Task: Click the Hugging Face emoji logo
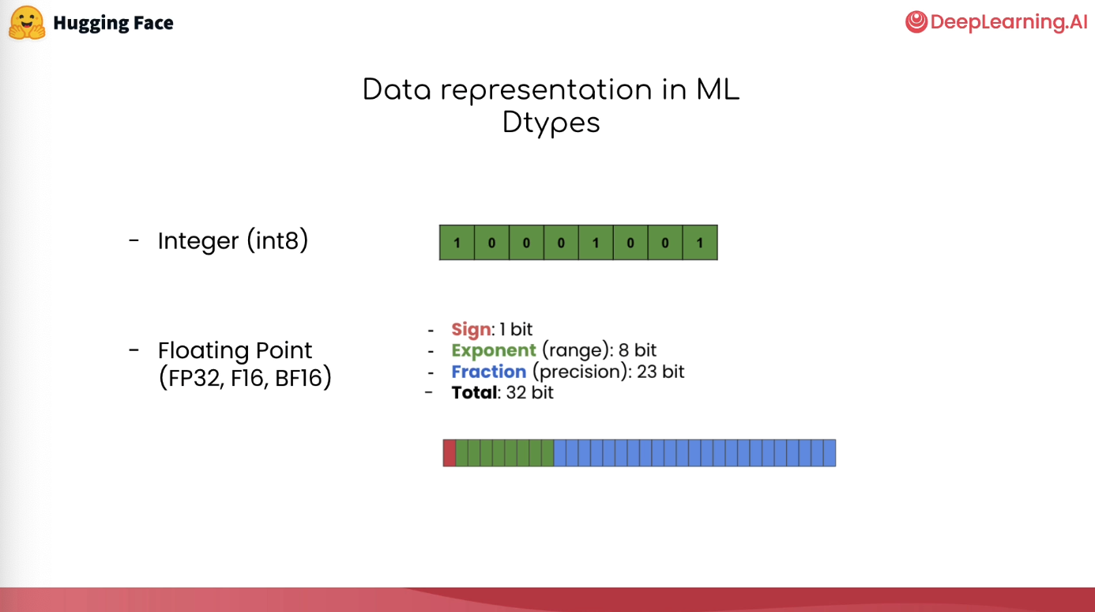click(x=28, y=22)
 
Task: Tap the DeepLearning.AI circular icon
click(x=916, y=22)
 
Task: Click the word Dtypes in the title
click(x=551, y=123)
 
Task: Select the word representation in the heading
click(x=546, y=90)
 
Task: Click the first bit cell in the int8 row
click(x=457, y=243)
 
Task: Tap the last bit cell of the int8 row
click(x=700, y=243)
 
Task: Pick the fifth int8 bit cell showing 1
click(x=596, y=243)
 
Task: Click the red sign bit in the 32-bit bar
click(x=450, y=453)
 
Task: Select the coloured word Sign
click(x=471, y=329)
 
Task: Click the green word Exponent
click(x=494, y=350)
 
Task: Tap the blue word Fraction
click(x=489, y=372)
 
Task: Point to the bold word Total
click(x=474, y=392)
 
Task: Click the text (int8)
click(x=277, y=240)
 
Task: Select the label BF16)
click(x=303, y=378)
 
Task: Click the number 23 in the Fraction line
click(x=647, y=372)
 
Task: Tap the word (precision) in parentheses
click(x=579, y=372)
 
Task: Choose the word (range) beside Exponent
click(x=575, y=350)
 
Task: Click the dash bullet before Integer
click(x=134, y=240)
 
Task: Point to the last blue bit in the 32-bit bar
click(x=830, y=453)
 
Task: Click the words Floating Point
click(x=235, y=350)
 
